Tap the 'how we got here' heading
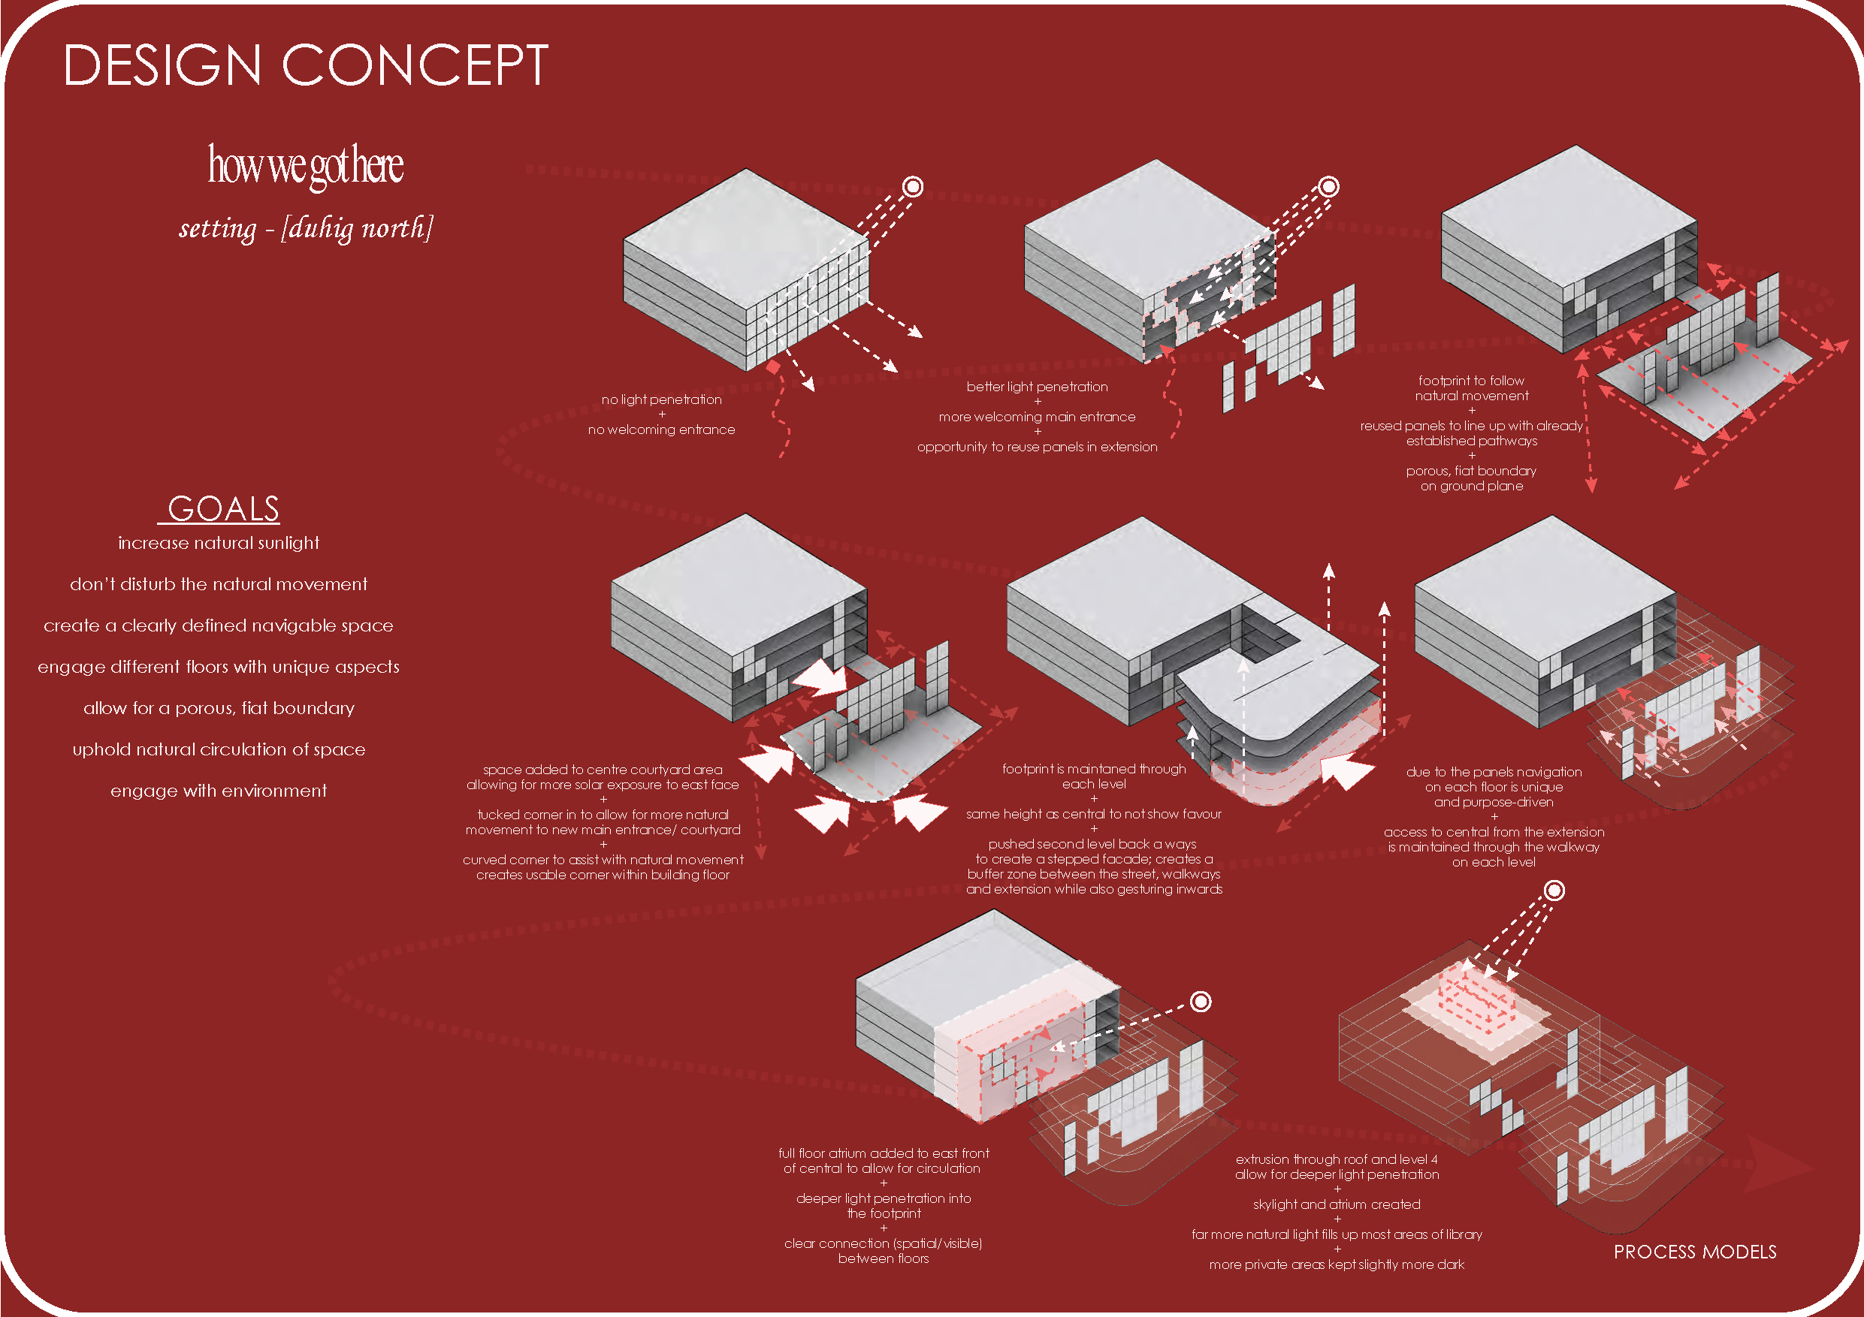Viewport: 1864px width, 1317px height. point(305,164)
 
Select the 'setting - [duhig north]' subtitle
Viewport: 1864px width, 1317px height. point(305,228)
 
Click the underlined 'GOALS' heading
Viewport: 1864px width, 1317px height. point(222,509)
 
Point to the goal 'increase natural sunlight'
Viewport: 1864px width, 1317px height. point(219,543)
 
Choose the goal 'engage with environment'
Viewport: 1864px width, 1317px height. point(219,791)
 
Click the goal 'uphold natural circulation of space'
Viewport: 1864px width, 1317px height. point(219,749)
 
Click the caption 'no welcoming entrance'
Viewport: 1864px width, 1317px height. point(661,429)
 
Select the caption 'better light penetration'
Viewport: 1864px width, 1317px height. point(1037,386)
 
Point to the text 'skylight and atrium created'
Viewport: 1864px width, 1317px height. point(1337,1204)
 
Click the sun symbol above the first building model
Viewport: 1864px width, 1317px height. point(913,187)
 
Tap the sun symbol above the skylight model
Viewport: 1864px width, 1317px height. point(1554,891)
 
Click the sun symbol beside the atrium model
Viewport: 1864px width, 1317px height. point(1200,1002)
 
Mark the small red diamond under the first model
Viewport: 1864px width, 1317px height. point(774,366)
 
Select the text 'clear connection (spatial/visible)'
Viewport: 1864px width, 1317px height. point(884,1243)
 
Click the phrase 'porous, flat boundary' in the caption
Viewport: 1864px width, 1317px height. point(1471,471)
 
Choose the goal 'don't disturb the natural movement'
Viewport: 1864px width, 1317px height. point(219,584)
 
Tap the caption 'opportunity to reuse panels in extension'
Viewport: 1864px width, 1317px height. point(1037,446)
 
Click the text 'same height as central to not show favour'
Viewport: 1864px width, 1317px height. point(1094,814)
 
